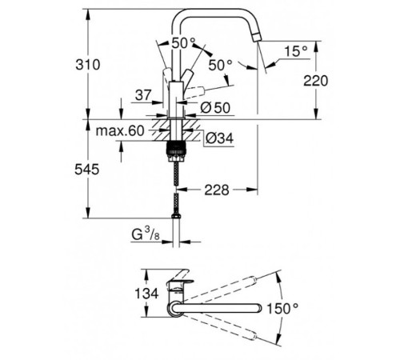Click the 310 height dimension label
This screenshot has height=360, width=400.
pyautogui.click(x=88, y=65)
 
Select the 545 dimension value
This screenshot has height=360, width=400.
pyautogui.click(x=87, y=170)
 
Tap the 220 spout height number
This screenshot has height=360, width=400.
pyautogui.click(x=316, y=81)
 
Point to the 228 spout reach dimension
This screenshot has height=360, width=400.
pyautogui.click(x=217, y=190)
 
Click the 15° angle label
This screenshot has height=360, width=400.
pyautogui.click(x=296, y=51)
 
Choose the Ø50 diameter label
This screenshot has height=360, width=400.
pyautogui.click(x=215, y=108)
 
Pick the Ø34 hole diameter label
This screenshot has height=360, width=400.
pyautogui.click(x=219, y=138)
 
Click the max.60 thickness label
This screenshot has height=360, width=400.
pyautogui.click(x=120, y=131)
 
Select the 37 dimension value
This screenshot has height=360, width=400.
pyautogui.click(x=143, y=95)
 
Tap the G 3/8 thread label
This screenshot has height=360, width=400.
pyautogui.click(x=146, y=234)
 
